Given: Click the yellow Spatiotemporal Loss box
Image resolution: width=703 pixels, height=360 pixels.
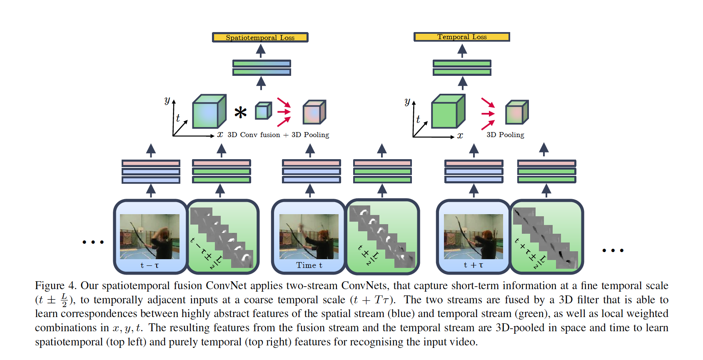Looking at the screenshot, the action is [x=260, y=37].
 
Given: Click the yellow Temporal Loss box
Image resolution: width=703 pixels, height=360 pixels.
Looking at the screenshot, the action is [x=462, y=37].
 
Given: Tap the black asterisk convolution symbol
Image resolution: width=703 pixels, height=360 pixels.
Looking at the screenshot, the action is [x=240, y=112].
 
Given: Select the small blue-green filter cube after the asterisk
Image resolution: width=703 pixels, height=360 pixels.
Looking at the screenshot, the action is [x=263, y=110].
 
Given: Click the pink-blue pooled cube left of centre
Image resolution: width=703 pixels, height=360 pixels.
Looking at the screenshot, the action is [x=314, y=112].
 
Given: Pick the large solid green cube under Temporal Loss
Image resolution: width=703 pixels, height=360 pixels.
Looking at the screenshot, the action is [x=448, y=111].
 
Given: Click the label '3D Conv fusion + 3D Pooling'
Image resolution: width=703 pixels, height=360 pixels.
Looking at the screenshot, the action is [x=278, y=135].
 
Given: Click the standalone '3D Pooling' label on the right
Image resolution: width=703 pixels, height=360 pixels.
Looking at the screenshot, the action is [x=505, y=135].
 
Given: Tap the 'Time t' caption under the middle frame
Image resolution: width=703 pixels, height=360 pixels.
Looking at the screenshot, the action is [x=309, y=265].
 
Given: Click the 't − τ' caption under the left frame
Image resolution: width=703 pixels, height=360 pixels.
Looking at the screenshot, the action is [x=150, y=265].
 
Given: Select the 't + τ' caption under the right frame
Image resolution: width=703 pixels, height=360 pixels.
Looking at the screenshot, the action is [x=473, y=265].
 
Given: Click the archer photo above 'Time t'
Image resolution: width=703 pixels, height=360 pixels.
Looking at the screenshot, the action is [x=309, y=236].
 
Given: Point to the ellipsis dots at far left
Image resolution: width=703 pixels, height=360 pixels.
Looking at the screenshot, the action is [x=93, y=242].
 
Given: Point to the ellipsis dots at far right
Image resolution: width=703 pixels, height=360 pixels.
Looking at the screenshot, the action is [x=613, y=250].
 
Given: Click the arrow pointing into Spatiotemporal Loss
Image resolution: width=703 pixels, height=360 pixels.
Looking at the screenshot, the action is [x=260, y=51].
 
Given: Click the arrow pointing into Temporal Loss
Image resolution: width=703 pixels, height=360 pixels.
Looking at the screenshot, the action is [x=462, y=51].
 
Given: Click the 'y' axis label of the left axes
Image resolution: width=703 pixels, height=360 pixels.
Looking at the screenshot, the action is [x=167, y=100].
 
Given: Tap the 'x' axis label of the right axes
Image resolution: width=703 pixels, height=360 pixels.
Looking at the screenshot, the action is [x=460, y=135].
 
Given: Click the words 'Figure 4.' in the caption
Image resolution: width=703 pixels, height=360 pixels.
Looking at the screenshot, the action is [x=55, y=285].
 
